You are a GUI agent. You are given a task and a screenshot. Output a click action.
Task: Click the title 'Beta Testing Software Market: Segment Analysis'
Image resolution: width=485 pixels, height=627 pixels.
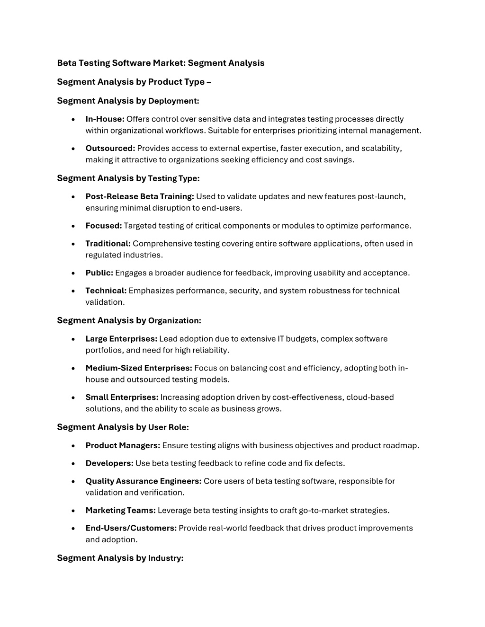pos(161,63)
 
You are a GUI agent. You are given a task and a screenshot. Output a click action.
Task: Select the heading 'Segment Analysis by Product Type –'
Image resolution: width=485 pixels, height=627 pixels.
pos(134,82)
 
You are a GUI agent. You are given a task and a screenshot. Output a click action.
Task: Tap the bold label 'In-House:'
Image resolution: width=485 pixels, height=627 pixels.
pos(105,119)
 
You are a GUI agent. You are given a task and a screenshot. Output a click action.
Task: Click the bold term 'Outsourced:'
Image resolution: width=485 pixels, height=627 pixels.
pos(110,149)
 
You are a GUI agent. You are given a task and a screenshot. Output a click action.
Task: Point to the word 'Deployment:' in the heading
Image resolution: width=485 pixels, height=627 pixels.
pos(174,101)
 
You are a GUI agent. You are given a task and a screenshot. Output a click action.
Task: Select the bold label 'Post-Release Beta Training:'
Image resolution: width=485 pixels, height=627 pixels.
pos(140,196)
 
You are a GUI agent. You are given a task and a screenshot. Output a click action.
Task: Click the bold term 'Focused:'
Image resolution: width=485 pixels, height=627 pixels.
pos(104,226)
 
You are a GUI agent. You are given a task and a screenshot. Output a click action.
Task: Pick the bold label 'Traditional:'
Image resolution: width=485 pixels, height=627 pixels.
pos(108,244)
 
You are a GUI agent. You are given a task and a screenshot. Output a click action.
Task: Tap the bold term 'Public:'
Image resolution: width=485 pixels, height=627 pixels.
pos(99,273)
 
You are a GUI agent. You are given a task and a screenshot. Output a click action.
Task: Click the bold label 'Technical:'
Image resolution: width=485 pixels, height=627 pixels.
pos(106,291)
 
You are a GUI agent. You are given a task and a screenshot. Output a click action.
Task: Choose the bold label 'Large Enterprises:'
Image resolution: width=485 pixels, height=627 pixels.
pos(121,339)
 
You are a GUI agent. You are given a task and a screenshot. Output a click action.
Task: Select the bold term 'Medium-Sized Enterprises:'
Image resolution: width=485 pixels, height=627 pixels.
pos(139,368)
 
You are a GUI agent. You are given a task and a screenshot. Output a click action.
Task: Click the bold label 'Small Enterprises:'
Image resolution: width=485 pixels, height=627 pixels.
pos(122,397)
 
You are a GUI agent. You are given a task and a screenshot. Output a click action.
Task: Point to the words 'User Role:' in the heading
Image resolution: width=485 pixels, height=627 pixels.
pos(169,427)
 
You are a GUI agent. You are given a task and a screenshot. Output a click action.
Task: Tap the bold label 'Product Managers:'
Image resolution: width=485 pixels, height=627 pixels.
pos(123,446)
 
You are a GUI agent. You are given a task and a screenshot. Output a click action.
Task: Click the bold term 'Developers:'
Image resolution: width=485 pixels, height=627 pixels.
pos(109,463)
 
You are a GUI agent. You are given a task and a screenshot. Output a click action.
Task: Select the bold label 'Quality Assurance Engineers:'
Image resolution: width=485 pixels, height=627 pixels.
pos(144,481)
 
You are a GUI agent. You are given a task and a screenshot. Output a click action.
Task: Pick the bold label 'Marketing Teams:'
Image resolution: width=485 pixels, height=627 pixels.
pos(120,511)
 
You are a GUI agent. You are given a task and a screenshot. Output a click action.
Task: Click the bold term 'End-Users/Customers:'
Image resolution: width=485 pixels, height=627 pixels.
pos(131,528)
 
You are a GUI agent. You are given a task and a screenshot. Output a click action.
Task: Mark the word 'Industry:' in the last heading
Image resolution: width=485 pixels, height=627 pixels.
pos(166,558)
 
